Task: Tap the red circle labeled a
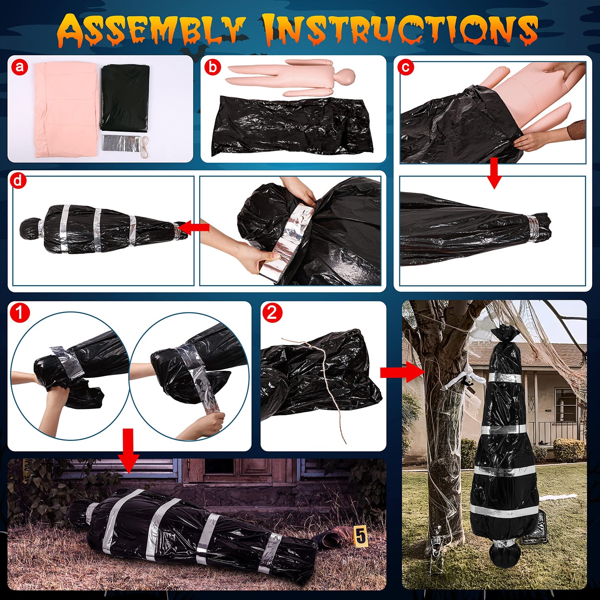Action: coord(20,67)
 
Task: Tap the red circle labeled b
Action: coord(213,67)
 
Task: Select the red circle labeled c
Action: coord(406,67)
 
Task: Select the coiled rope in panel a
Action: coord(144,143)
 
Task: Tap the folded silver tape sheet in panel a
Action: coord(120,143)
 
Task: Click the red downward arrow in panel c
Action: coord(494,172)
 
